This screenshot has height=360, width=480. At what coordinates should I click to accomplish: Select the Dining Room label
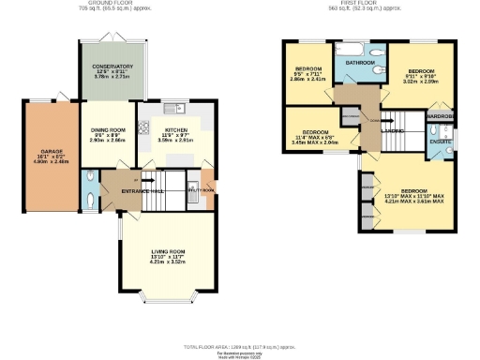click(108, 131)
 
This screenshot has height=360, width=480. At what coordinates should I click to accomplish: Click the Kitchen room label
click(178, 132)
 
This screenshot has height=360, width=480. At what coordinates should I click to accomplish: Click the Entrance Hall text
click(142, 190)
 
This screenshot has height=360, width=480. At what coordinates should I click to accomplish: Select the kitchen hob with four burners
click(143, 127)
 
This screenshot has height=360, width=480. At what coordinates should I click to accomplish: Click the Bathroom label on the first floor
click(361, 63)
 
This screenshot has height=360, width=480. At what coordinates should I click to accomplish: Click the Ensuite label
click(440, 140)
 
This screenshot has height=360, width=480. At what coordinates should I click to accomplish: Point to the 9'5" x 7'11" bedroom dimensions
click(307, 80)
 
